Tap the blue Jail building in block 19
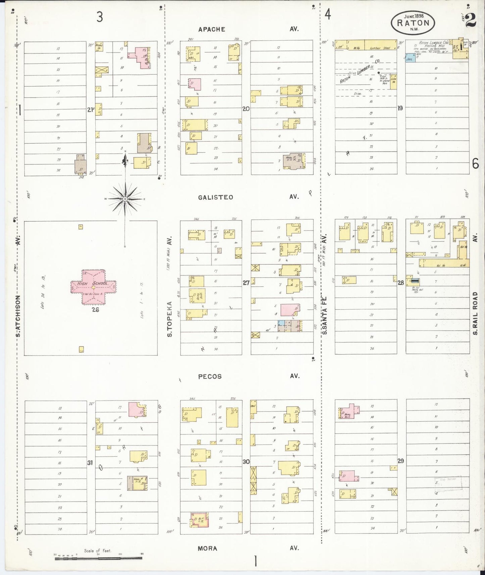click(409, 59)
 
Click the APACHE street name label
click(211, 29)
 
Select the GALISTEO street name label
click(215, 197)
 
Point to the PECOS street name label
click(210, 376)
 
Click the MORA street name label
click(207, 548)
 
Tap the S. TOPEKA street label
click(170, 319)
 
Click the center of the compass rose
click(125, 199)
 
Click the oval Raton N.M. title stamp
click(413, 22)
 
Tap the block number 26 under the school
click(96, 310)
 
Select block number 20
click(246, 109)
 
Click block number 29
click(400, 461)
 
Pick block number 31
click(90, 463)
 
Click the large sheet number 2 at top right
click(471, 20)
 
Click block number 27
click(246, 283)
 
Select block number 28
click(400, 283)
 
